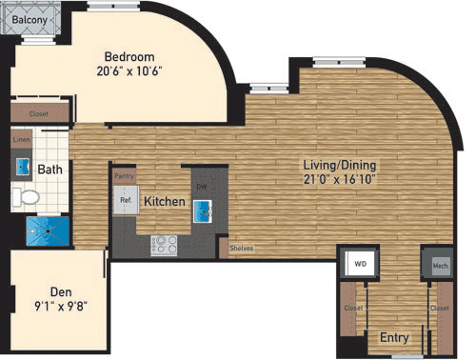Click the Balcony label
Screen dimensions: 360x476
point(32,16)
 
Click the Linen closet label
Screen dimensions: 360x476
point(21,140)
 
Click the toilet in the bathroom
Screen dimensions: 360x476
point(28,197)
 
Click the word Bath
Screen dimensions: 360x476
point(50,170)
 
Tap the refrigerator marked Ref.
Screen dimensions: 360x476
point(125,201)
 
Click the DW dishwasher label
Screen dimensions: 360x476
point(201,187)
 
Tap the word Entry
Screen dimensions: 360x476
point(395,337)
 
